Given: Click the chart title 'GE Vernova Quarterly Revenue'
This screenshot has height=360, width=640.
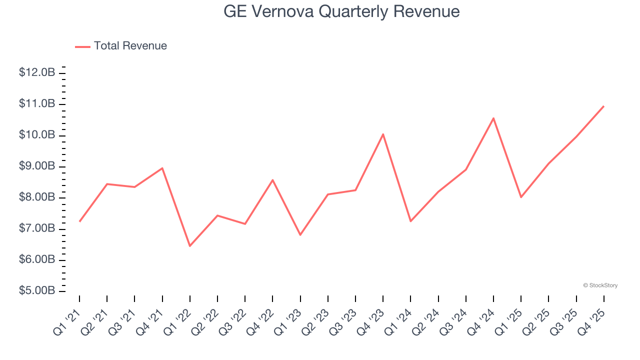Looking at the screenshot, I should pyautogui.click(x=341, y=11).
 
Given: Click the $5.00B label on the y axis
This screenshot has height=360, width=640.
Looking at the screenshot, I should pyautogui.click(x=37, y=291).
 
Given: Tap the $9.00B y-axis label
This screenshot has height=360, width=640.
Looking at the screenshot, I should pyautogui.click(x=37, y=166).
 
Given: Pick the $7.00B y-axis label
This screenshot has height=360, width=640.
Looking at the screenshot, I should pyautogui.click(x=37, y=229).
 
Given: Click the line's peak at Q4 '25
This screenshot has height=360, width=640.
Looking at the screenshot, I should pyautogui.click(x=603, y=106).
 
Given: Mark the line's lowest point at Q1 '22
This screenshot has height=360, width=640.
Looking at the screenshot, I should pyautogui.click(x=190, y=246).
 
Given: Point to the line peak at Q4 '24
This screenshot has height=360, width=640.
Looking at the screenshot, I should pyautogui.click(x=493, y=118).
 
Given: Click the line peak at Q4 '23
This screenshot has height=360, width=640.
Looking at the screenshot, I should pyautogui.click(x=383, y=134).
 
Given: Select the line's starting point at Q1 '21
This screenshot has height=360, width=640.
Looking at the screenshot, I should pyautogui.click(x=79, y=221).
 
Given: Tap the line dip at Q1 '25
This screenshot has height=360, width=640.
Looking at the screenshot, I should pyautogui.click(x=521, y=197).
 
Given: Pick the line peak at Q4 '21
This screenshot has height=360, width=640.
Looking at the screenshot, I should pyautogui.click(x=162, y=168).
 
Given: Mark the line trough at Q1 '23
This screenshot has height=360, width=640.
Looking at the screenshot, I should pyautogui.click(x=300, y=235).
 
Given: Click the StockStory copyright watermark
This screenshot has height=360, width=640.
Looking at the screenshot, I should pyautogui.click(x=600, y=285).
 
